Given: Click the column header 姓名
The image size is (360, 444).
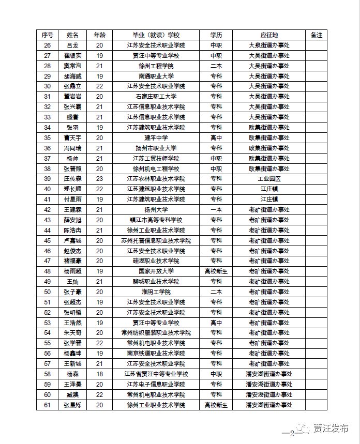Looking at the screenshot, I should point(73,35).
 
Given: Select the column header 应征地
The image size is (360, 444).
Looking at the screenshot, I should point(269,35).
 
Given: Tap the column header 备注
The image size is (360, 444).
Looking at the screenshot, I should point(316,35).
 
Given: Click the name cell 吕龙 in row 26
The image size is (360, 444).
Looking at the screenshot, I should point(73,45).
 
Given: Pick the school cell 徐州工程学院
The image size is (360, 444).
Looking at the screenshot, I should point(156,66).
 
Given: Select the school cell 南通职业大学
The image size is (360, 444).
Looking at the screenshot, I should point(156,76).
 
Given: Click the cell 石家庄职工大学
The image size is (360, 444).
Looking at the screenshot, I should point(156,97).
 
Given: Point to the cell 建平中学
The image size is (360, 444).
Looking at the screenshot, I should point(156,137).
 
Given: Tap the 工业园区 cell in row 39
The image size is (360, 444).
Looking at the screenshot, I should point(269,178).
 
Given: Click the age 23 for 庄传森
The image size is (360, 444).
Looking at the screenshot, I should point(100,178).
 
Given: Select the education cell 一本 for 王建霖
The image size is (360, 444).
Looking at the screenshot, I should point(216,209).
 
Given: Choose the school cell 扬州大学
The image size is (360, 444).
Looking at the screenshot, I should point(156,209).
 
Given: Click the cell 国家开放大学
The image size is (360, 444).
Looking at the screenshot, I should point(156,271).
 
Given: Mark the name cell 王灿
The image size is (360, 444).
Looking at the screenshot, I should point(73,281).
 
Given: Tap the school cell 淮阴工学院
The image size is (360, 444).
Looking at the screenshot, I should point(156,292).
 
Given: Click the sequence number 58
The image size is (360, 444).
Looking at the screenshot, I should point(47,374).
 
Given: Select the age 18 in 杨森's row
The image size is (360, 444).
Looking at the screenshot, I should point(100,374).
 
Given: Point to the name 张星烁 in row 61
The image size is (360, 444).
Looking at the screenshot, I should point(73,405).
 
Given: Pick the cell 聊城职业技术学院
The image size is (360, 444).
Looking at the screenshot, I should point(156,281).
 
